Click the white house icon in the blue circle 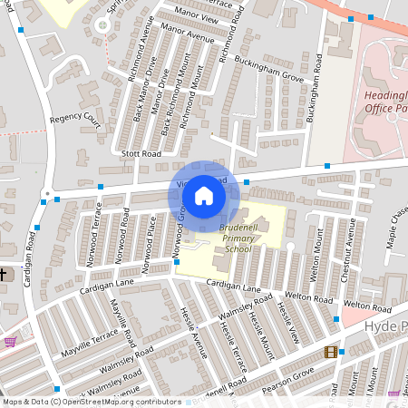coord(204,195)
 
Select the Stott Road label coord(142,155)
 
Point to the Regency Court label coord(75,118)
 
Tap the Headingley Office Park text coord(385,102)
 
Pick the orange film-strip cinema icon coord(330,352)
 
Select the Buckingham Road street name coord(316,100)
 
